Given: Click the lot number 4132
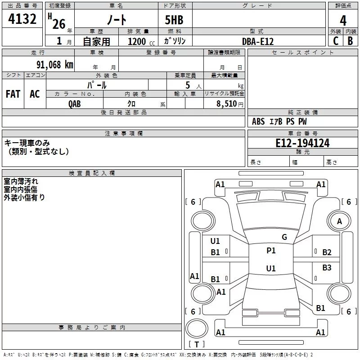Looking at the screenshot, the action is pos(22,19).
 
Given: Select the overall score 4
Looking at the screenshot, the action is pos(343,21).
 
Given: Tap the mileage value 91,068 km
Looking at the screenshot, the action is pos(55,65).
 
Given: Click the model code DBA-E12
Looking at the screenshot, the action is pos(258,41).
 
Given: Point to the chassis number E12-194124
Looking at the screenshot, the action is pos(302,143).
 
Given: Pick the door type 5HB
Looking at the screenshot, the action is pos(174,20).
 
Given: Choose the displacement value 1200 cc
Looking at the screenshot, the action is pos(141,41).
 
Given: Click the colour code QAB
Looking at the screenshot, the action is pos(75,104).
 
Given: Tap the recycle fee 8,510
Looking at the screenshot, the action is pos(227,104).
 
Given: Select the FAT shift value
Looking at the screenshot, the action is pos(13,94).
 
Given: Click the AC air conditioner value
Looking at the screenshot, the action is pos(35,94).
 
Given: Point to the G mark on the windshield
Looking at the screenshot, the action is pos(284,237).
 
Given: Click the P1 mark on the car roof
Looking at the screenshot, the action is pos(271,250).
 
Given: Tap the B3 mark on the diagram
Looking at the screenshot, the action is pos(327,267).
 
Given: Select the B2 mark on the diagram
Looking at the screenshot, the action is pos(327,252).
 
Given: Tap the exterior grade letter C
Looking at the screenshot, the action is pos(336,41).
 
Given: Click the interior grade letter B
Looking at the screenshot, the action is pos(350,41).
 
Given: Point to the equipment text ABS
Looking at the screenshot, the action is pos(258,121).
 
